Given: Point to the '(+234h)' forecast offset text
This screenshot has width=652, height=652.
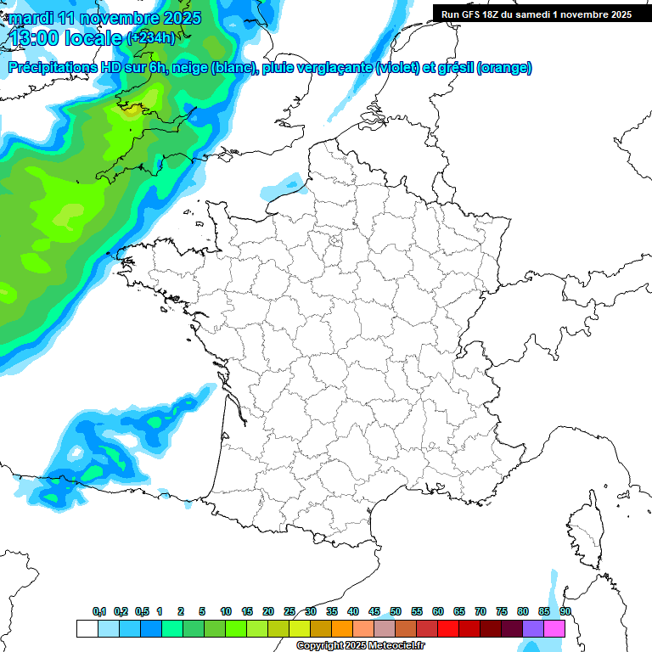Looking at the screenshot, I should (152, 38).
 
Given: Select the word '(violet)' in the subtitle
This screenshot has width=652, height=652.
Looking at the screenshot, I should (398, 68).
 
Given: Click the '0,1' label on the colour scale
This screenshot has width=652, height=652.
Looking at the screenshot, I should (99, 612).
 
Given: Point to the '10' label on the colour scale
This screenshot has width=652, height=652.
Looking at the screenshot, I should (226, 612).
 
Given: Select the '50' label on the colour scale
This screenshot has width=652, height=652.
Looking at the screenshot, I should (396, 612).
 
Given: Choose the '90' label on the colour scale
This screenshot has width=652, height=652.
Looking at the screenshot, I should (565, 612).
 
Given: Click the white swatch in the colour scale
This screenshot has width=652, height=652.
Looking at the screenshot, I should (87, 629).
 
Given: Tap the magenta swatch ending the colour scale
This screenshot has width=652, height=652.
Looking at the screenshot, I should (554, 629).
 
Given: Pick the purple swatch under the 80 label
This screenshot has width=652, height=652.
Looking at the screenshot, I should (533, 629).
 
